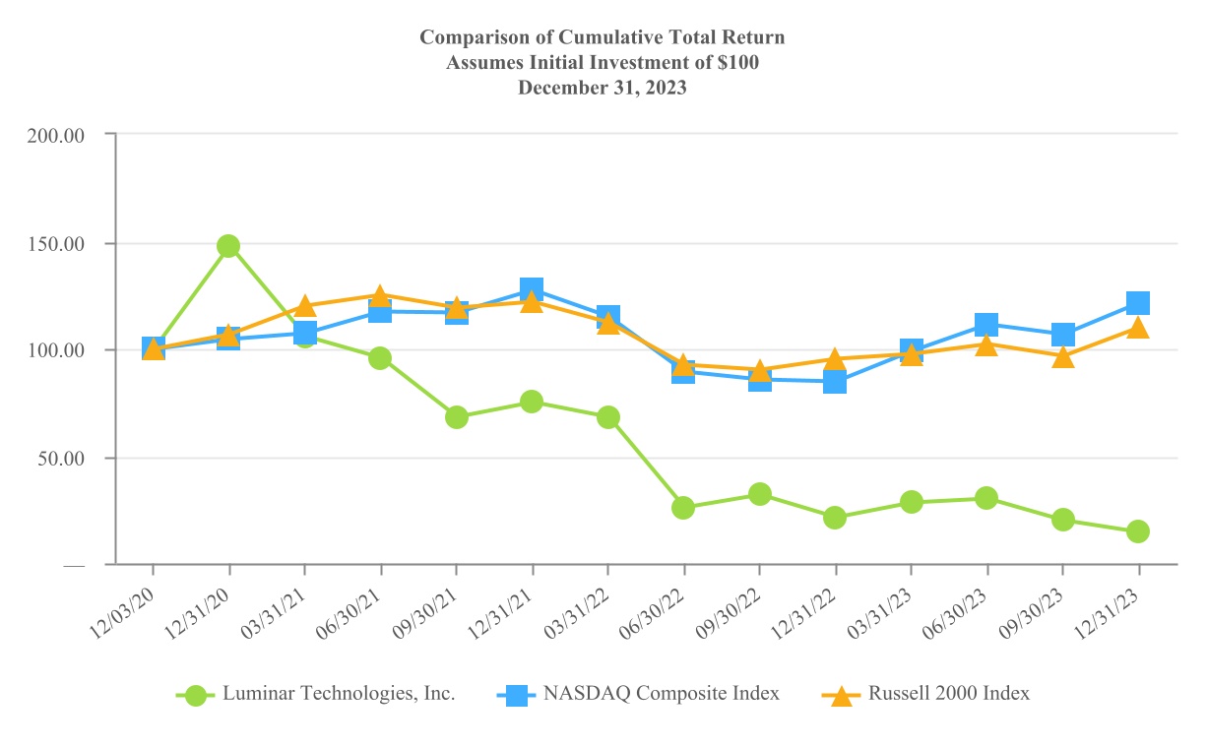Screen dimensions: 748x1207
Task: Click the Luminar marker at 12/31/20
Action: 228,246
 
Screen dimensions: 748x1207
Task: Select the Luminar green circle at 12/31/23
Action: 1138,531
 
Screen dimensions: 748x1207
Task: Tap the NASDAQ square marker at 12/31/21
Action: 532,290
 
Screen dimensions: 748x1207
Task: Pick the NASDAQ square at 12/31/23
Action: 1138,302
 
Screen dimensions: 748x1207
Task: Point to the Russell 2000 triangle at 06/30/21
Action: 380,295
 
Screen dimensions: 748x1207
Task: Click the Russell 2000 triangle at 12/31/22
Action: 835,360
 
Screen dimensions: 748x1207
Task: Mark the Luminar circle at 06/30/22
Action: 683,508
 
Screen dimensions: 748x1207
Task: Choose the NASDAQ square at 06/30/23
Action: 986,324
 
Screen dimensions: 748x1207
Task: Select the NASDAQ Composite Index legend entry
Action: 661,694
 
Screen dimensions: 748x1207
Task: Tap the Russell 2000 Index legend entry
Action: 948,694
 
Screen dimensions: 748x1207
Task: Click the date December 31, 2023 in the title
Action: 603,87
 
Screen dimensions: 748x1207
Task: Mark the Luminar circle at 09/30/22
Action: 759,494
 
